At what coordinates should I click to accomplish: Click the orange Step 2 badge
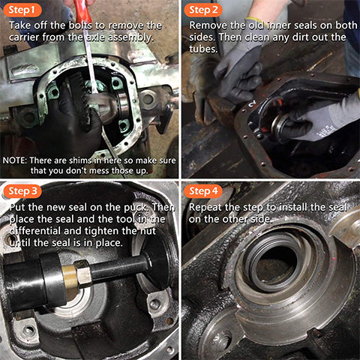coord(205,10)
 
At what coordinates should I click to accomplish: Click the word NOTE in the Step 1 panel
coord(15,160)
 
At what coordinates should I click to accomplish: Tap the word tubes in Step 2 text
coord(204,49)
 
